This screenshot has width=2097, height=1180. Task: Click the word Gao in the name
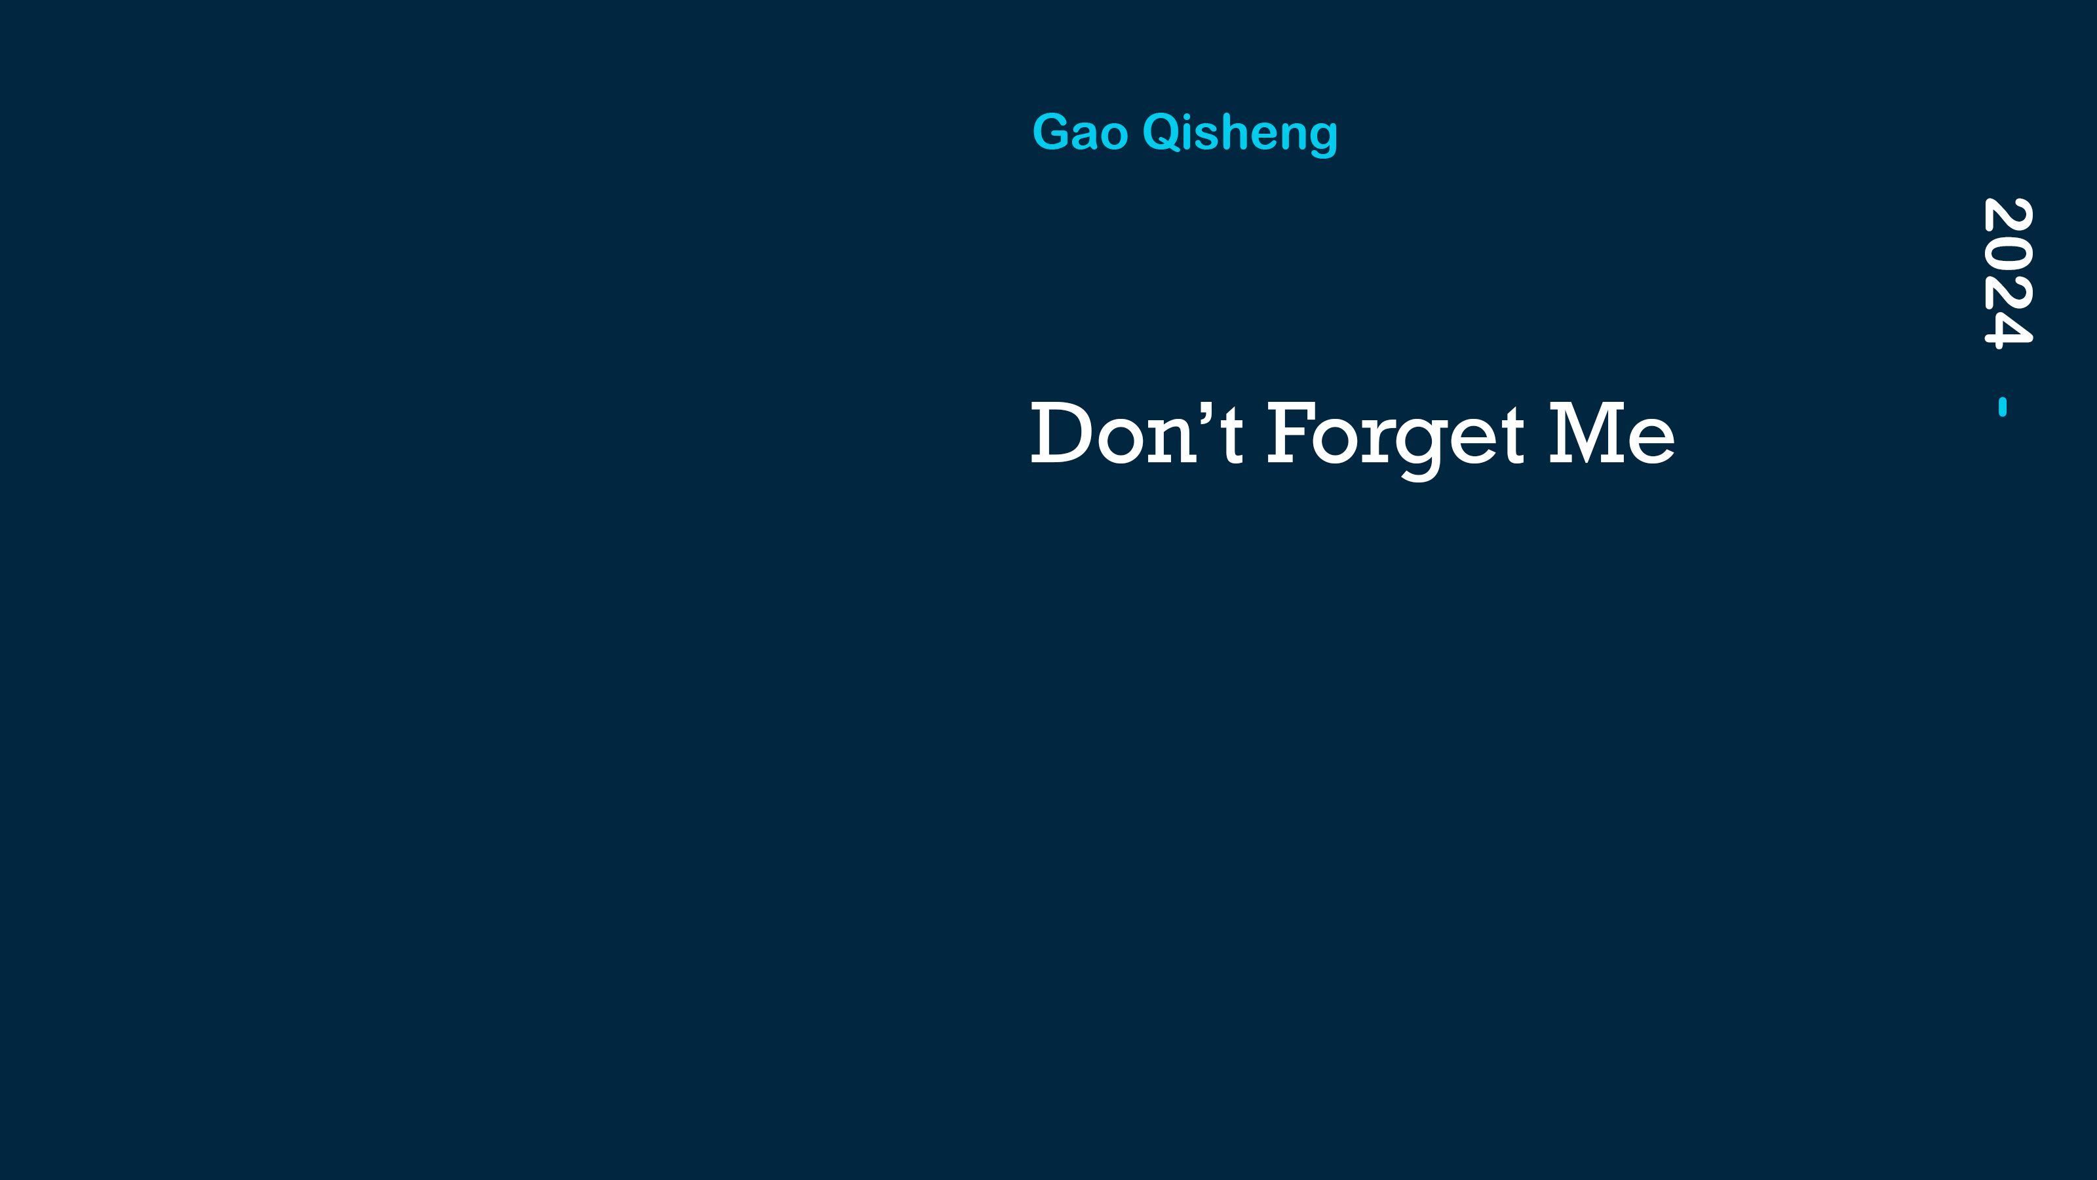point(1080,132)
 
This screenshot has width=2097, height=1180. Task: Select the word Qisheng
point(1240,134)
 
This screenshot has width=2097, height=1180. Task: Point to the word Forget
point(1395,440)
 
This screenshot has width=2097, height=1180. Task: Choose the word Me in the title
point(1612,433)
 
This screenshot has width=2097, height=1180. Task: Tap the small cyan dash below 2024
point(2003,406)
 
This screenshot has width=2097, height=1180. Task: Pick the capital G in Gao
point(1051,132)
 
